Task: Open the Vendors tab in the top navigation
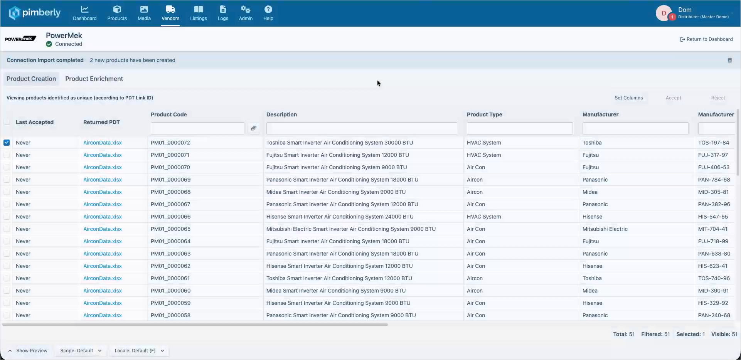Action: [x=170, y=13]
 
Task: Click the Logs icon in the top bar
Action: [x=223, y=9]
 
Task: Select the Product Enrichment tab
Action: [x=94, y=79]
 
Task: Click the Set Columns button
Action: [x=628, y=98]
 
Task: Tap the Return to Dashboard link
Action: [x=706, y=39]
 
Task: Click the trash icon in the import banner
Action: [x=729, y=60]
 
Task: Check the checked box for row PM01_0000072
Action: [x=7, y=143]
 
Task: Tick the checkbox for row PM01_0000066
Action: [x=7, y=217]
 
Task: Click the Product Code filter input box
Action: [x=197, y=128]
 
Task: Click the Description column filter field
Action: [x=362, y=128]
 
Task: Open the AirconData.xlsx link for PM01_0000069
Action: [x=103, y=180]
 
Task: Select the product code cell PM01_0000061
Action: [x=170, y=278]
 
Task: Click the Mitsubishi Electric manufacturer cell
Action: [x=605, y=229]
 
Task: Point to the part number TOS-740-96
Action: [x=714, y=278]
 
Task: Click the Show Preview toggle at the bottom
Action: [x=28, y=351]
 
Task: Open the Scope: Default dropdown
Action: [x=81, y=351]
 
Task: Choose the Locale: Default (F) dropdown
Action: [x=139, y=351]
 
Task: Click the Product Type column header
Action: [x=484, y=114]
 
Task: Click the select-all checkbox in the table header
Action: [x=7, y=122]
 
